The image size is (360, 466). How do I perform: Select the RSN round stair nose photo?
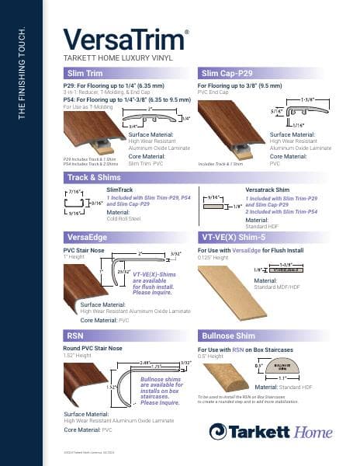click(x=83, y=379)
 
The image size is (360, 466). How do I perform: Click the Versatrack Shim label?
click(x=268, y=190)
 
